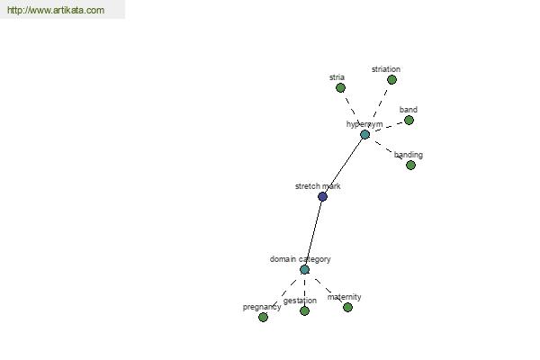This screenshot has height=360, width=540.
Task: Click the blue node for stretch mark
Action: pos(322,197)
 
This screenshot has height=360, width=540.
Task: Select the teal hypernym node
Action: pos(365,135)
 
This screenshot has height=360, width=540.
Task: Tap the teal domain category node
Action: pos(304,270)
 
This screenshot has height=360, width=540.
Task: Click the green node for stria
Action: pos(340,88)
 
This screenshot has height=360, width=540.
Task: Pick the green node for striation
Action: pos(391,80)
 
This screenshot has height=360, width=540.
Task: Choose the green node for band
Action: pos(409,121)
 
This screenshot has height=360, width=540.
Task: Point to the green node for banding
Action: pos(410,166)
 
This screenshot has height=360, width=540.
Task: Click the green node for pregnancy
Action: pos(263,317)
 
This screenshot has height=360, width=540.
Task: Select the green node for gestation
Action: pos(304,311)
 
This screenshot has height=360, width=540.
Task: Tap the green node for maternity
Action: pos(347,307)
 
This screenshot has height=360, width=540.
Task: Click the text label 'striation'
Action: pos(386,69)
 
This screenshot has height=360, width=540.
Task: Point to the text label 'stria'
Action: pos(337,77)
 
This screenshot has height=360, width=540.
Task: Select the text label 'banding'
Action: pos(409,155)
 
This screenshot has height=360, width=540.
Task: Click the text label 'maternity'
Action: pos(345,297)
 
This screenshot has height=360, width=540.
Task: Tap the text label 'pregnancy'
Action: pos(262,307)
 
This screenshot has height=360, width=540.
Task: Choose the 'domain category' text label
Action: pos(301,259)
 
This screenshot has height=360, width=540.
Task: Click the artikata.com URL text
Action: pos(56,10)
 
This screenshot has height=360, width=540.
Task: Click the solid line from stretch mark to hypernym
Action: pos(344,166)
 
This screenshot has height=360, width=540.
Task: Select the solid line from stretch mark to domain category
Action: pos(313,233)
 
